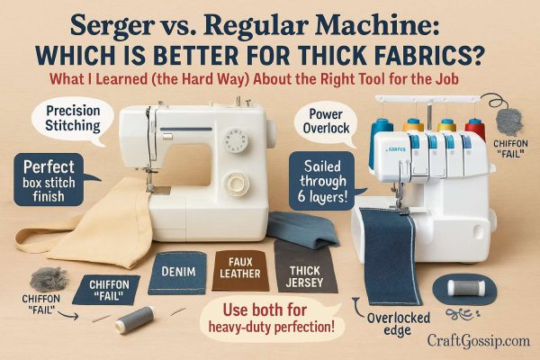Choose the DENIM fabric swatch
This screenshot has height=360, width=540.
tap(177, 269)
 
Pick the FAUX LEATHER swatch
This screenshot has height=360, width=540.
tap(240, 265)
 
